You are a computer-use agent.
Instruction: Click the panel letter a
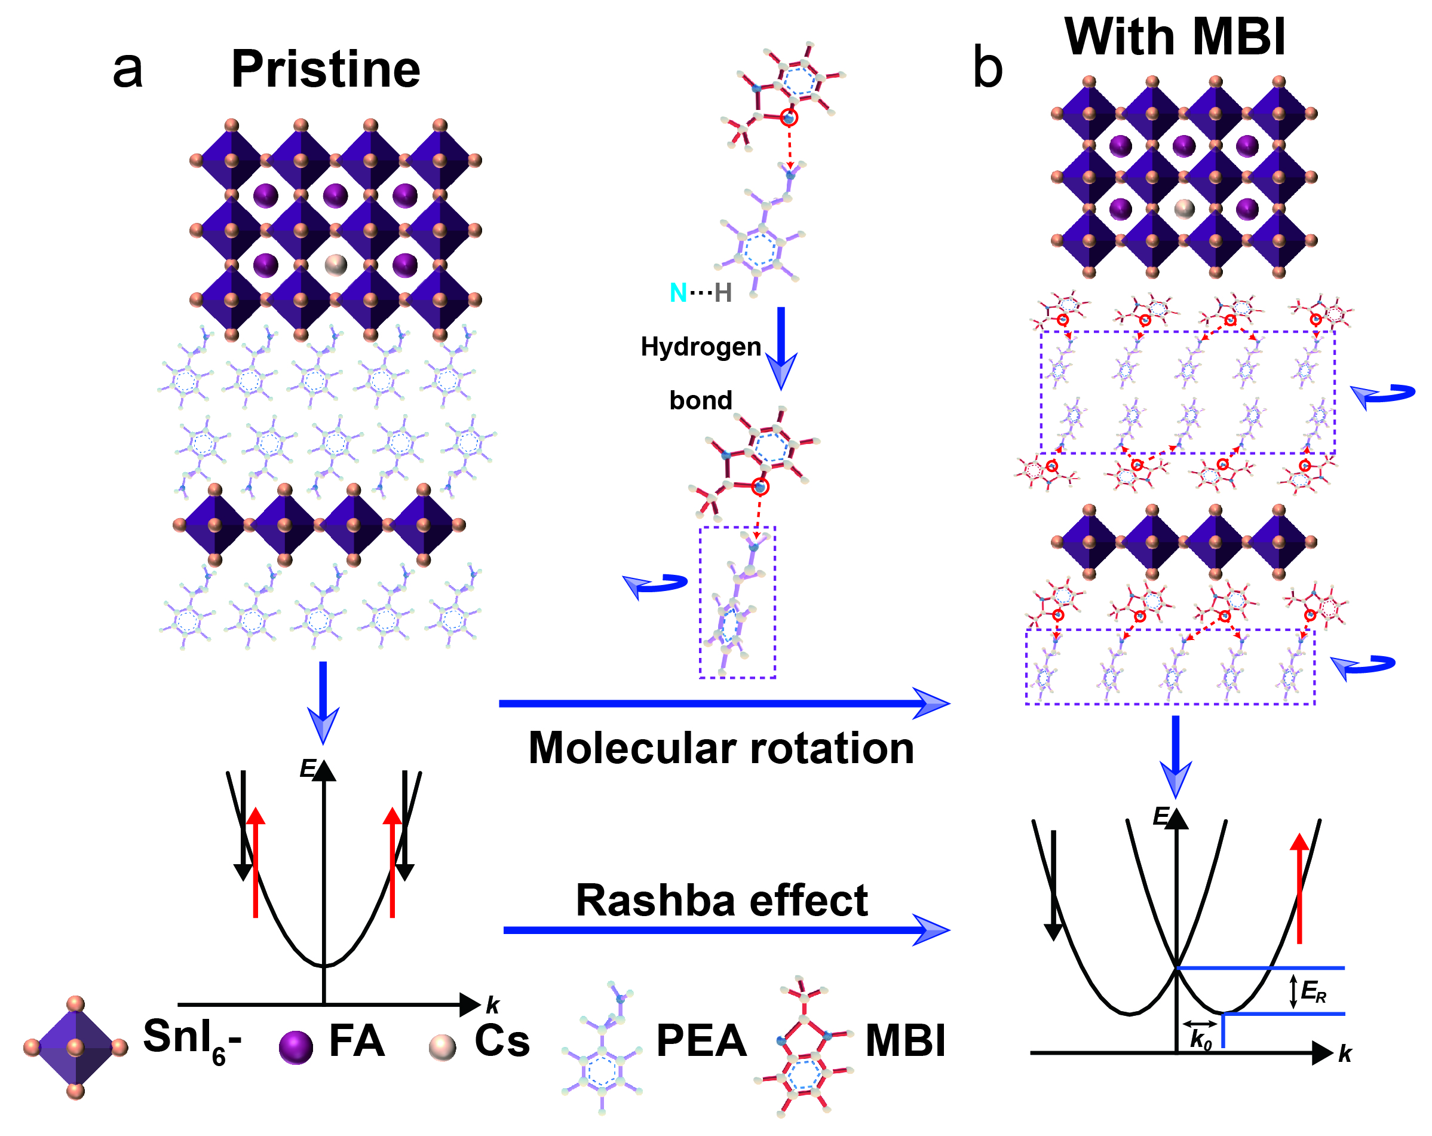(x=127, y=69)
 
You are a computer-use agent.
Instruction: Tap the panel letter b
(x=987, y=68)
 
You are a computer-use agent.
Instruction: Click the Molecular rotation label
(x=721, y=749)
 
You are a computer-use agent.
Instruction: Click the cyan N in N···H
(x=677, y=293)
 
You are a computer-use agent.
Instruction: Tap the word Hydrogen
(x=701, y=347)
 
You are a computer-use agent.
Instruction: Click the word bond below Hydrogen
(x=701, y=400)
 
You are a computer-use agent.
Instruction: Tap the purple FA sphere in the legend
(x=296, y=1048)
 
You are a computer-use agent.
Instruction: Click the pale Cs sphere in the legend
(x=442, y=1048)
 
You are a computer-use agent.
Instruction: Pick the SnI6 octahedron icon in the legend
(x=75, y=1048)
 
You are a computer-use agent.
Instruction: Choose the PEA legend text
(x=701, y=1041)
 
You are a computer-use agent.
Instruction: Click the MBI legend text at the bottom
(x=905, y=1041)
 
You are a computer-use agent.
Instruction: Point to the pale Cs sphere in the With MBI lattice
(x=1184, y=209)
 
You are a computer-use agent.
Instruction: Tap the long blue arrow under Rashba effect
(x=724, y=930)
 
